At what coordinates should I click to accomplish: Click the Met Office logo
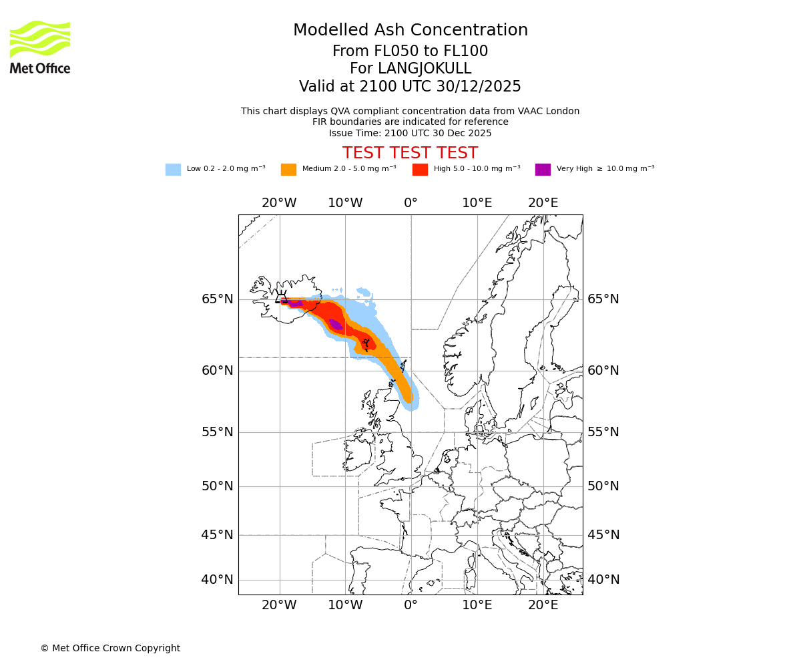coord(40,47)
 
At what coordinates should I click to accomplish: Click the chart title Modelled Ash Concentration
coord(411,30)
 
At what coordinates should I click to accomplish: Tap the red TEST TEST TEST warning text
coord(410,153)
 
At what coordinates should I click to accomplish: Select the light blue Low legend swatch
coord(173,170)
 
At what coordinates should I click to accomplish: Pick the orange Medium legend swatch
coord(288,170)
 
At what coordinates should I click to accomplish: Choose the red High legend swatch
coord(420,170)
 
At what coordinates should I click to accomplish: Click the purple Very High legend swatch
coord(543,170)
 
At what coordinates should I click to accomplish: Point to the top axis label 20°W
coord(279,203)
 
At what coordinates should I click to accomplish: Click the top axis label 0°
coord(411,203)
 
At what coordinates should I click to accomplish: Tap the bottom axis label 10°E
coord(477,605)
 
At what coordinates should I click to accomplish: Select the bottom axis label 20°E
coord(543,605)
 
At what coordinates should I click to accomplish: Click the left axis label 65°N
coord(218,299)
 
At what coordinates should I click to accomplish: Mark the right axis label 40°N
coord(603,580)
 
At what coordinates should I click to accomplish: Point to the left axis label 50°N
coord(218,486)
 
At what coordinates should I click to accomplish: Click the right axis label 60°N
coord(603,371)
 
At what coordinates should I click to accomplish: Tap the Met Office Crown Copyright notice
coord(110,648)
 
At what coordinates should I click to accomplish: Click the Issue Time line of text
coord(410,133)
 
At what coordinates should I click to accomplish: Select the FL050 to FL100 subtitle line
coord(410,51)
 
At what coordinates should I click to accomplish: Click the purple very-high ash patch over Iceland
coord(294,303)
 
